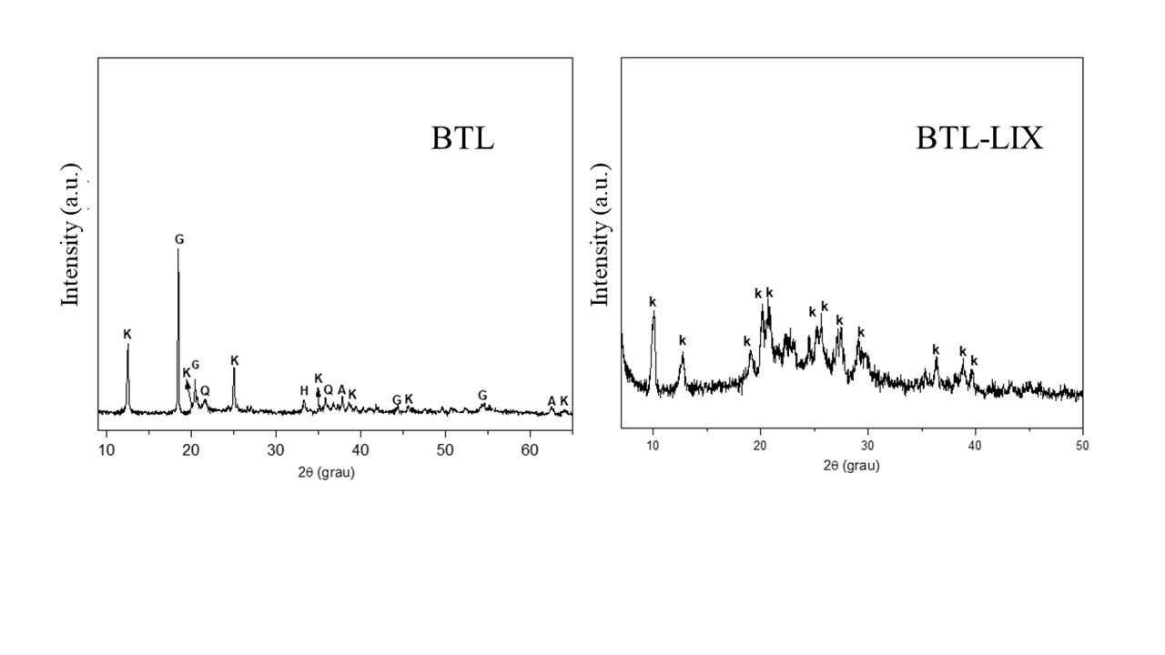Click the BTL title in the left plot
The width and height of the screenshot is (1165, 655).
pos(462,139)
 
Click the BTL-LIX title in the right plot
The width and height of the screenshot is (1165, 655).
pos(978,139)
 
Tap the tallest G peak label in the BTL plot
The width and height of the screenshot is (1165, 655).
pos(179,239)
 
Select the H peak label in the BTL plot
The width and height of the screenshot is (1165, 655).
pos(304,391)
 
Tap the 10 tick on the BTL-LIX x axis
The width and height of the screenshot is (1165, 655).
pos(653,446)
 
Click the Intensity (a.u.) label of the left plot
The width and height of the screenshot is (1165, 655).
pos(71,235)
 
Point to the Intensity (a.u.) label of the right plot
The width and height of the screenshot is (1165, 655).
pos(600,235)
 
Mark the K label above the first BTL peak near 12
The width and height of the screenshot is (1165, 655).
pos(127,335)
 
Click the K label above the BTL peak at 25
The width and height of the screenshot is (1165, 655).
pos(235,361)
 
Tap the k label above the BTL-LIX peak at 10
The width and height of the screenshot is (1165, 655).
pos(653,302)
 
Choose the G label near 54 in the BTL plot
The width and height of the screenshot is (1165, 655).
pos(482,396)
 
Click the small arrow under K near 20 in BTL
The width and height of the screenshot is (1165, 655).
pos(188,386)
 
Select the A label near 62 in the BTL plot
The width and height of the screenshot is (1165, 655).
pos(552,401)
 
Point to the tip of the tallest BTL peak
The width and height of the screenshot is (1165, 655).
pos(178,250)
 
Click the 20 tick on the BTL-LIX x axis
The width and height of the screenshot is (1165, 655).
pos(760,446)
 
